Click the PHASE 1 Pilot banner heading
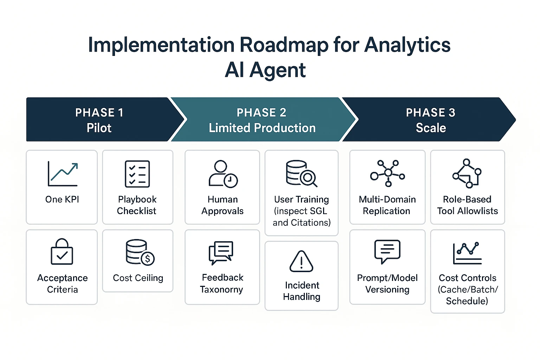pos(99,120)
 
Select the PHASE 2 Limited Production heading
pos(262,120)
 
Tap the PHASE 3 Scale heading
pos(430,120)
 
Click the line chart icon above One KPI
pos(63,174)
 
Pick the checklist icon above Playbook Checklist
pos(137,174)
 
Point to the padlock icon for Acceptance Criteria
pos(62,252)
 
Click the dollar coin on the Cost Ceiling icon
pos(148,259)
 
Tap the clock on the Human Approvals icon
pos(230,180)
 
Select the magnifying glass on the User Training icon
pos(308,178)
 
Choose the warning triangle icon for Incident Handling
pos(301,262)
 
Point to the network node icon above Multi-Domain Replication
pos(387,173)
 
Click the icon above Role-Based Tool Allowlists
pos(467,173)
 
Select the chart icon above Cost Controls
pos(467,253)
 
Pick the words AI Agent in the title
pos(265,70)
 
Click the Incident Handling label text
pos(302,291)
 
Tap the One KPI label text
pos(62,199)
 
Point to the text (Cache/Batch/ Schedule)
pos(467,295)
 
